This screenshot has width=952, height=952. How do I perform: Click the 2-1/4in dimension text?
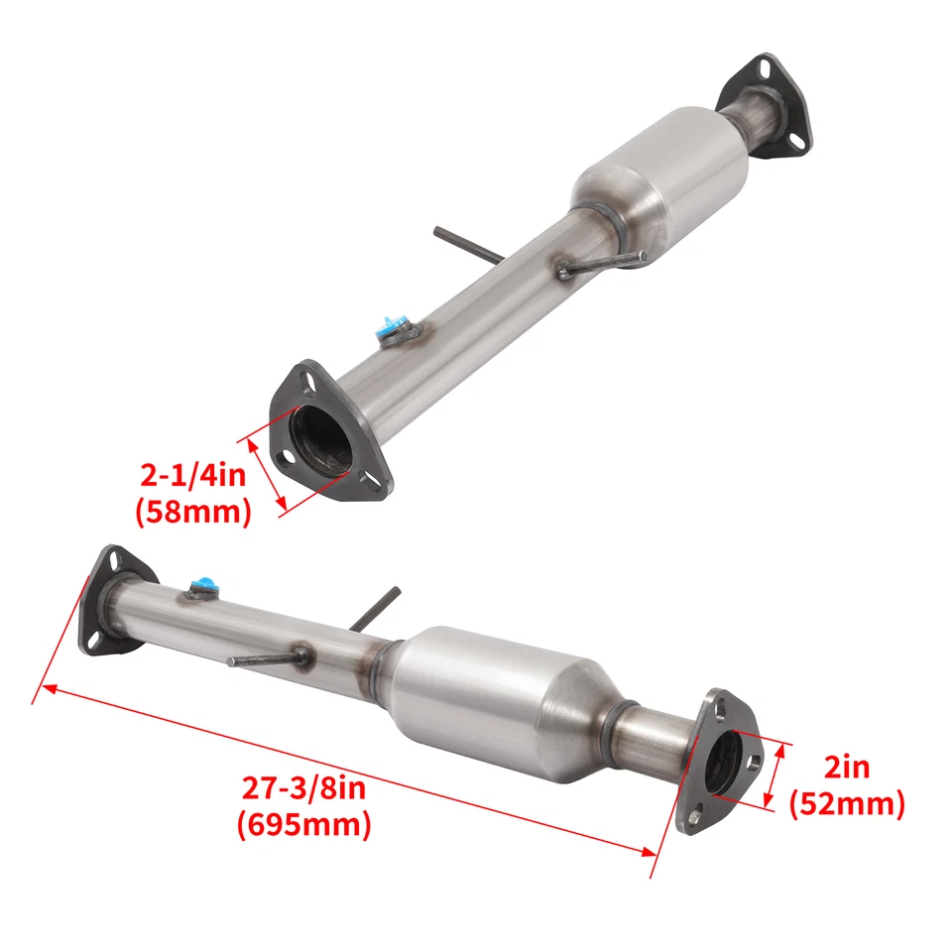pyautogui.click(x=192, y=476)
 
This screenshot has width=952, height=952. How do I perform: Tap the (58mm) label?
pyautogui.click(x=192, y=512)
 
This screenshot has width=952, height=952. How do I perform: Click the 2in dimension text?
pyautogui.click(x=845, y=766)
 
